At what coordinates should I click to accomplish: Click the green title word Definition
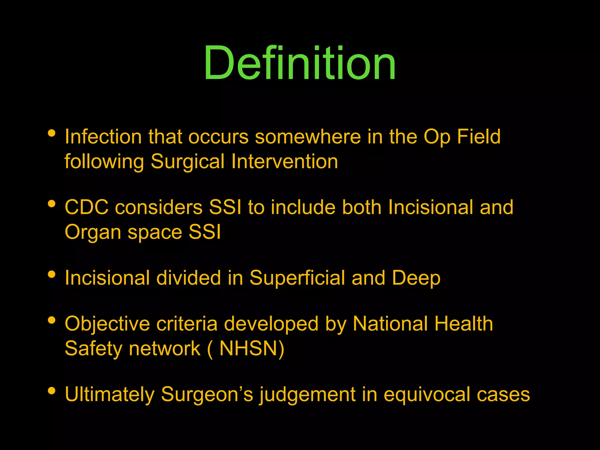tap(300, 63)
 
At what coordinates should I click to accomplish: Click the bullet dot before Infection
tap(52, 133)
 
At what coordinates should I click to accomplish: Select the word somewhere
tap(308, 137)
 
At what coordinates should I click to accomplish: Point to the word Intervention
tap(284, 161)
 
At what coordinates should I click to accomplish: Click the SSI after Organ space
tap(204, 232)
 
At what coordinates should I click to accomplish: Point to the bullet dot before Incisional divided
tap(52, 275)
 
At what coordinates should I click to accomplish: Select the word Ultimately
tap(109, 395)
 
